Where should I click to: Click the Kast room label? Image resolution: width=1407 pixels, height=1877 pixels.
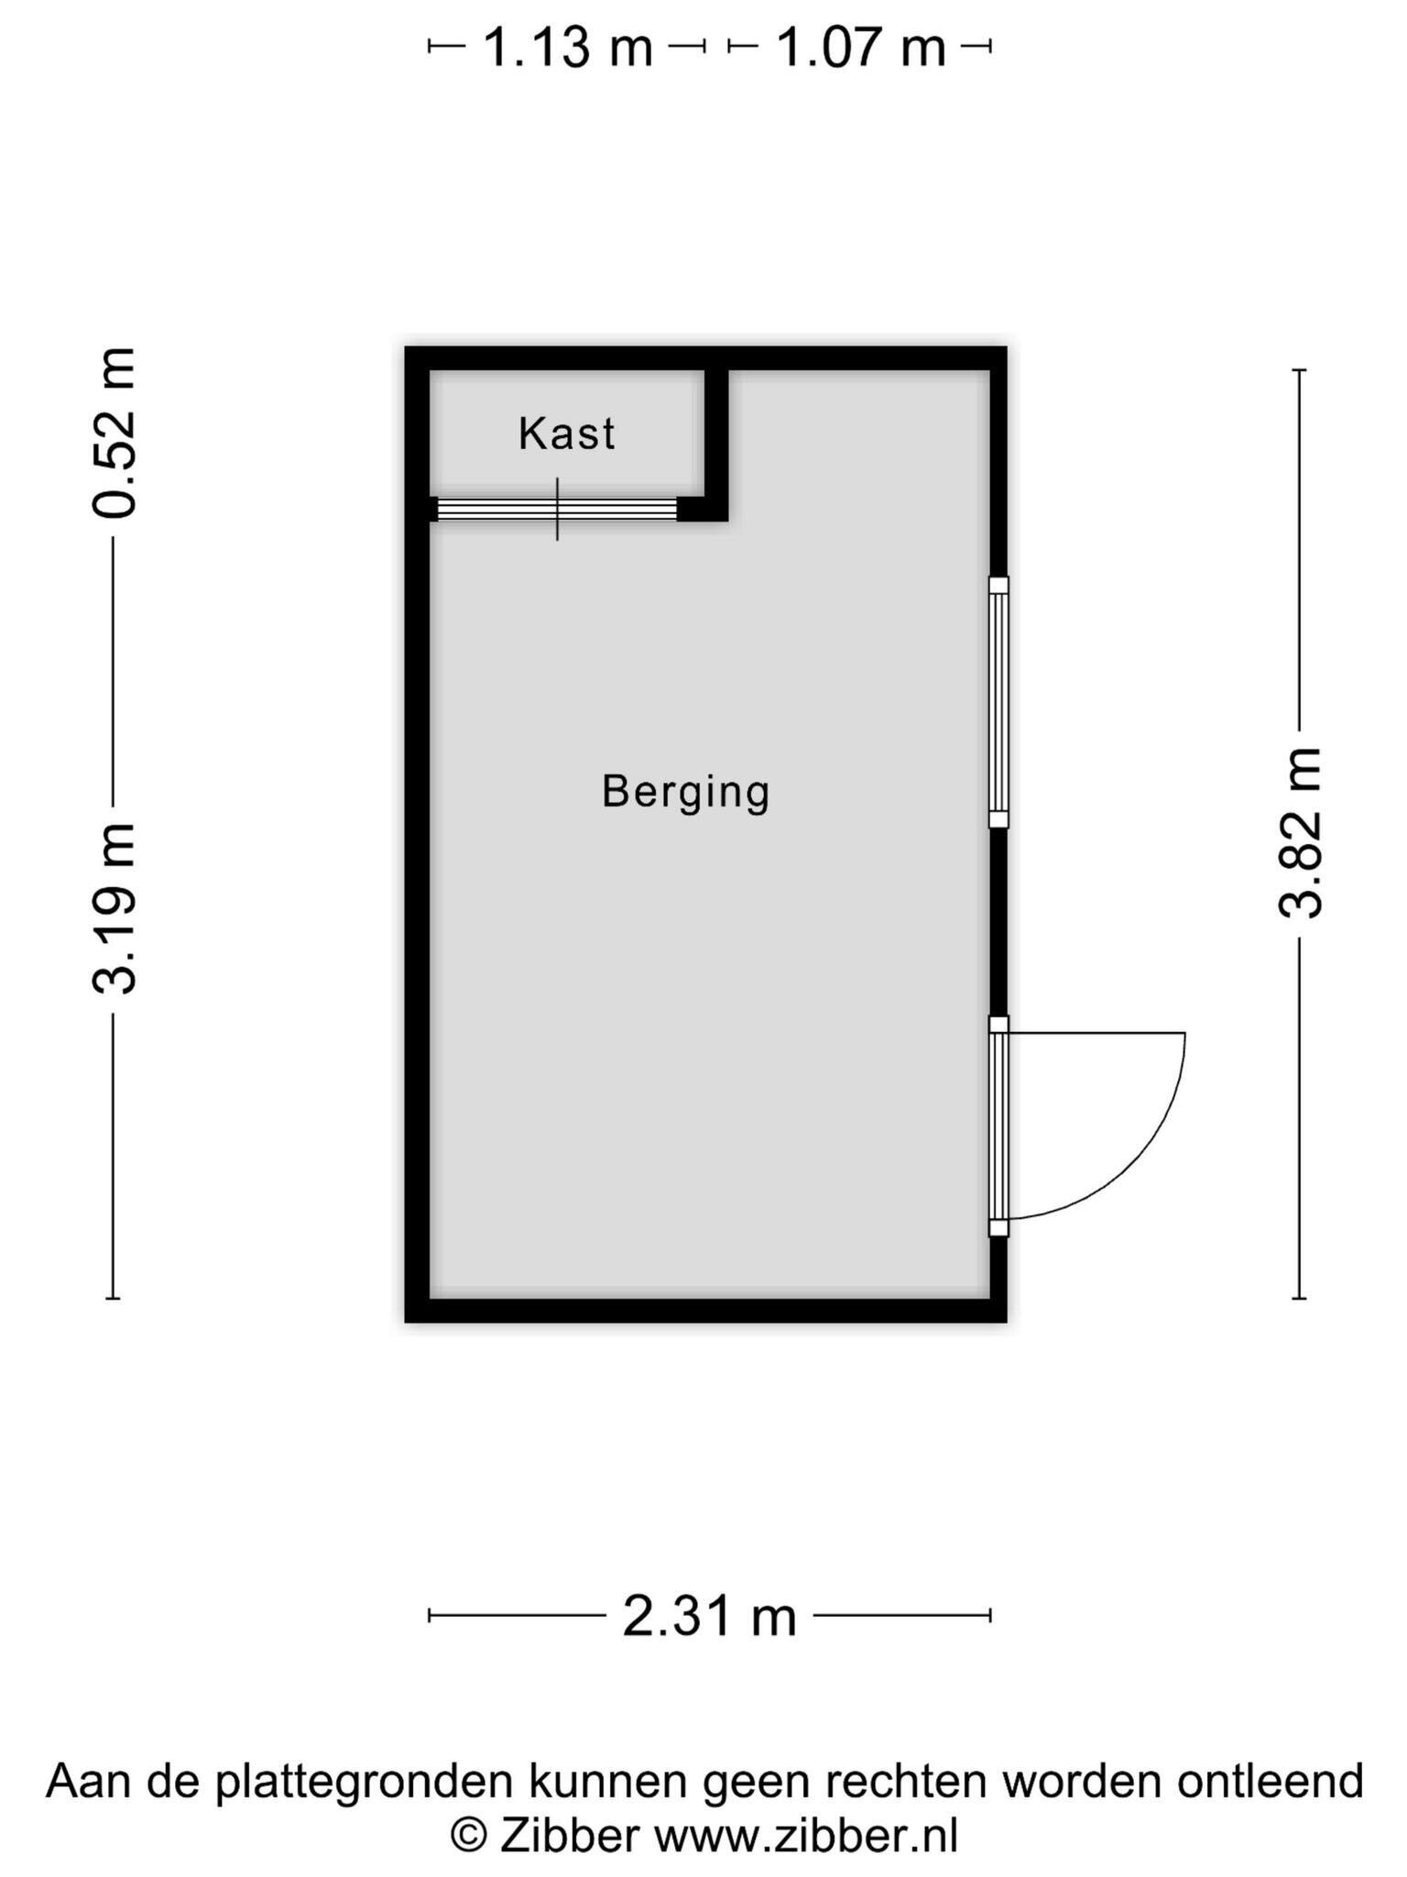566,434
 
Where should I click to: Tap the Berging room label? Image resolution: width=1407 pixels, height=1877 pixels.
685,792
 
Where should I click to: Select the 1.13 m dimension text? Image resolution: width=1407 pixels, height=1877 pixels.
567,48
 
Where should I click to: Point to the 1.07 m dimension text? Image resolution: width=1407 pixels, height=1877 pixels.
860,48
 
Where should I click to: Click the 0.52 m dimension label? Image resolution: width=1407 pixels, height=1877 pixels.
115,433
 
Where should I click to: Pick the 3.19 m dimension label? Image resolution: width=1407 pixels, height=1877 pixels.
115,908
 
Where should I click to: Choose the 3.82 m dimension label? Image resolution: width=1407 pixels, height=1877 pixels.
1301,832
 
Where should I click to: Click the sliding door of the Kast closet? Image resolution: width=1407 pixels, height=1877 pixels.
557,510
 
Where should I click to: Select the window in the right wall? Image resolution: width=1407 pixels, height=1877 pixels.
998,702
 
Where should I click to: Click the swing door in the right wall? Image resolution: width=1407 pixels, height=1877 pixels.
998,1126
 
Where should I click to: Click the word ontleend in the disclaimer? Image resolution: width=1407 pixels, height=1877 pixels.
1271,1781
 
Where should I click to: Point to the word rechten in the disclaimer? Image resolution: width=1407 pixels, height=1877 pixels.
898,1781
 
